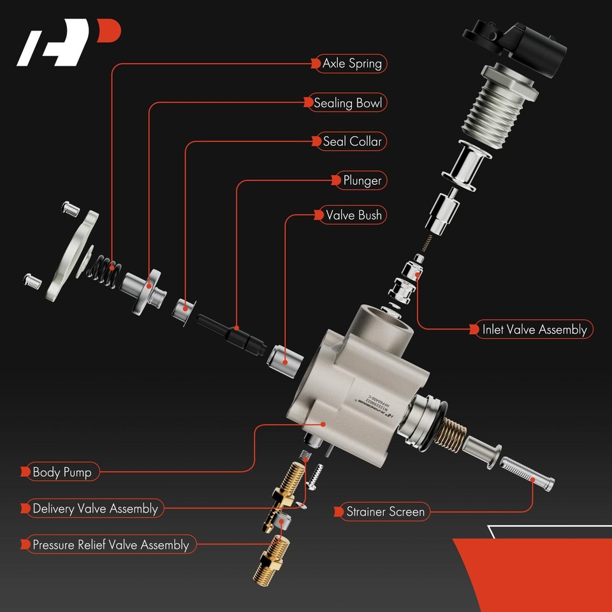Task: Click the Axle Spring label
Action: pos(351,63)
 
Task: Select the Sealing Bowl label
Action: pos(350,103)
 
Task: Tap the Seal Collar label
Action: pos(351,141)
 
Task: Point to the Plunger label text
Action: pos(361,180)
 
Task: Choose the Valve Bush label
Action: pos(353,215)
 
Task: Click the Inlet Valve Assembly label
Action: pos(534,330)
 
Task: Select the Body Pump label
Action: pos(61,472)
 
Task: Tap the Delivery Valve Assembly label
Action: pos(94,509)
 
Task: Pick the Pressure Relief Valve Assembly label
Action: pos(110,545)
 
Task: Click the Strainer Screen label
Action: pos(384,511)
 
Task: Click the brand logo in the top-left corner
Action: pos(67,45)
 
